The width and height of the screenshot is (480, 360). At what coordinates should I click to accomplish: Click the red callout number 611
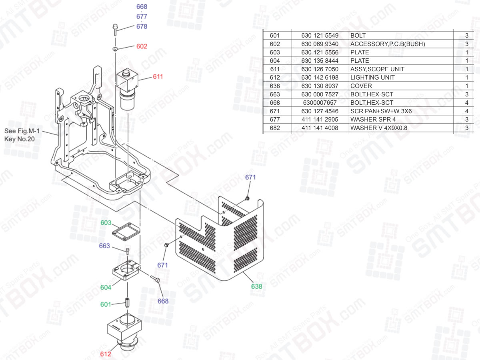pyautogui.click(x=158, y=76)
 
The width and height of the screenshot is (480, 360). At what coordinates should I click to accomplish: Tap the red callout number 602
pyautogui.click(x=142, y=46)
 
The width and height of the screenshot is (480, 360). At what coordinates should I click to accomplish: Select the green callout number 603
pyautogui.click(x=106, y=223)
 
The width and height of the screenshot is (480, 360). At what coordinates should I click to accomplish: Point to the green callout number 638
pyautogui.click(x=256, y=286)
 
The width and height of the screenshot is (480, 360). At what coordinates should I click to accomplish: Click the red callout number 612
pyautogui.click(x=106, y=354)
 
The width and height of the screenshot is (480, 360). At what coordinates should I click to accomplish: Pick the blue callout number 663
pyautogui.click(x=104, y=246)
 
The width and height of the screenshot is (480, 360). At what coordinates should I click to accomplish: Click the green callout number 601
pyautogui.click(x=106, y=305)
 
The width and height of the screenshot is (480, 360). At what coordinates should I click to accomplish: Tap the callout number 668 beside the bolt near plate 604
pyautogui.click(x=163, y=301)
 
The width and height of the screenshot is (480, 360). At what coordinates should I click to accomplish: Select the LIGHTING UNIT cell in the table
pyautogui.click(x=372, y=78)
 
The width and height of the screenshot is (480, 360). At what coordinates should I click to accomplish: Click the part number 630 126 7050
pyautogui.click(x=320, y=69)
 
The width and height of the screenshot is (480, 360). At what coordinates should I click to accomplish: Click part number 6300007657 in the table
pyautogui.click(x=320, y=103)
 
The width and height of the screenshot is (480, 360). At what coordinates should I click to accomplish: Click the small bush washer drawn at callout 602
pyautogui.click(x=115, y=49)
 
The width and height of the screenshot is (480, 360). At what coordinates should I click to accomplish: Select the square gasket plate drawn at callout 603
pyautogui.click(x=126, y=232)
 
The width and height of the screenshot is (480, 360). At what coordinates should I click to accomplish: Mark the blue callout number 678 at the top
pyautogui.click(x=142, y=26)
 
